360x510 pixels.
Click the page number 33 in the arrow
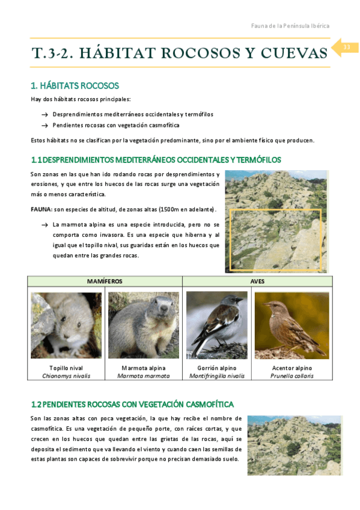tap(346, 48)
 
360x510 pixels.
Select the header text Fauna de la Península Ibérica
tap(290, 26)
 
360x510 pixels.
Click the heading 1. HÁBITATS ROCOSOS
tap(75, 85)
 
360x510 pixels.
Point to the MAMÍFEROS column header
tap(105, 281)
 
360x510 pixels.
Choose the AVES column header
tap(257, 281)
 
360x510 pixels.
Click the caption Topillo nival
tap(66, 367)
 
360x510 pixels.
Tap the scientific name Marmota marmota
tap(143, 376)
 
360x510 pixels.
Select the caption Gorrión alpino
tap(217, 367)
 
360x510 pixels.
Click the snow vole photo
tap(66, 325)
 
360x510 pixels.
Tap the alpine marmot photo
tap(143, 325)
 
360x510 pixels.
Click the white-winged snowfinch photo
tap(217, 325)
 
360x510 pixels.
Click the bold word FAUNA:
tap(41, 209)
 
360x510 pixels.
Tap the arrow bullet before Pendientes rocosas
tap(44, 125)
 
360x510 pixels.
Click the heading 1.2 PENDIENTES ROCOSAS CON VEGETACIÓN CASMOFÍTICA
tap(132, 404)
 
